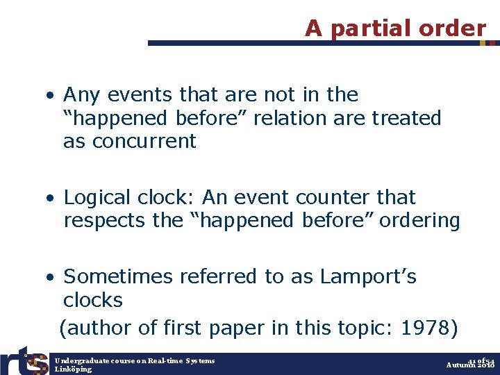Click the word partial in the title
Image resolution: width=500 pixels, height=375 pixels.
(372, 28)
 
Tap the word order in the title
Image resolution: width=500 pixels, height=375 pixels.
(452, 28)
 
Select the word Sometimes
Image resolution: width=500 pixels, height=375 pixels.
(118, 276)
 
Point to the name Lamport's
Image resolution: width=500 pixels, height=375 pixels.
(368, 276)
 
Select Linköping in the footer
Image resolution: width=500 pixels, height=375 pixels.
(73, 369)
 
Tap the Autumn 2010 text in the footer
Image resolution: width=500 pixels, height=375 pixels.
(470, 365)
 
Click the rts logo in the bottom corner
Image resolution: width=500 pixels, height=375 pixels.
(24, 360)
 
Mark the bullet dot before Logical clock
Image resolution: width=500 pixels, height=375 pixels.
(51, 199)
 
